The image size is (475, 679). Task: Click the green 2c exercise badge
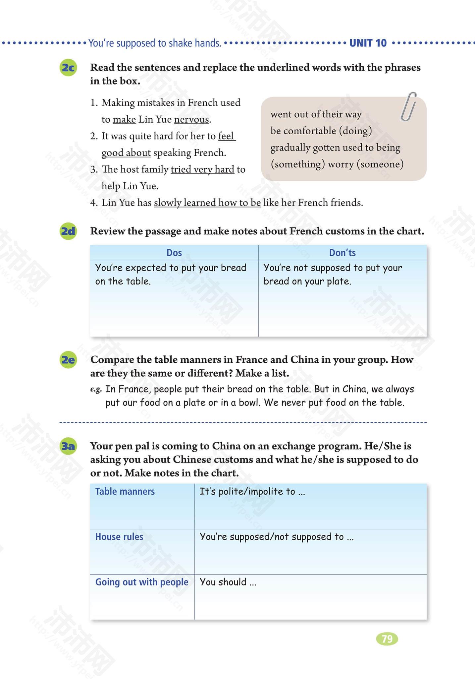(x=68, y=68)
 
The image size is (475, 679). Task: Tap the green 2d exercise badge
(x=68, y=231)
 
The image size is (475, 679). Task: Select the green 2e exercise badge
(x=68, y=360)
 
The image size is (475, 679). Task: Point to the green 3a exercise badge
(x=68, y=446)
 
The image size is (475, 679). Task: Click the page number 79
(x=387, y=639)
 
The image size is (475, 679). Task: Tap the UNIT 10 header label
(x=368, y=43)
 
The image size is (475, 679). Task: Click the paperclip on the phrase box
(x=408, y=107)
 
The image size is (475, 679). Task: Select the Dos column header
(x=174, y=253)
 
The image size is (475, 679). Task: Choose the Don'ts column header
(x=342, y=253)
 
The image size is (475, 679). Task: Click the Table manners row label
(x=125, y=491)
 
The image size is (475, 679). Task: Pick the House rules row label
(x=119, y=537)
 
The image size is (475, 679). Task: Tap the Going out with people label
(x=142, y=582)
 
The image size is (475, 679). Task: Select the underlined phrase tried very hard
(x=202, y=169)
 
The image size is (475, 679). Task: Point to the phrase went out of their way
(x=316, y=114)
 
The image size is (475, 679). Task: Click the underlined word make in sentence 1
(x=124, y=119)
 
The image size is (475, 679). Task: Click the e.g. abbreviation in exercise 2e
(x=96, y=390)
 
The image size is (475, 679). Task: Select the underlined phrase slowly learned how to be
(x=207, y=203)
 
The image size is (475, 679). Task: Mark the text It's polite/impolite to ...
(x=252, y=491)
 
